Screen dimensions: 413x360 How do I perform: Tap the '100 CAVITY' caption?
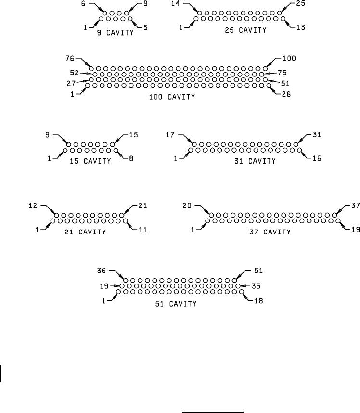(x=173, y=97)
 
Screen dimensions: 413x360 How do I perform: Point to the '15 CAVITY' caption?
(x=90, y=161)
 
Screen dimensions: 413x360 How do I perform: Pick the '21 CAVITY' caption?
(x=85, y=232)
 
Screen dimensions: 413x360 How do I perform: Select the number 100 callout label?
(x=289, y=58)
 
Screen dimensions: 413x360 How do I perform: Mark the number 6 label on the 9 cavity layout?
(x=84, y=4)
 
